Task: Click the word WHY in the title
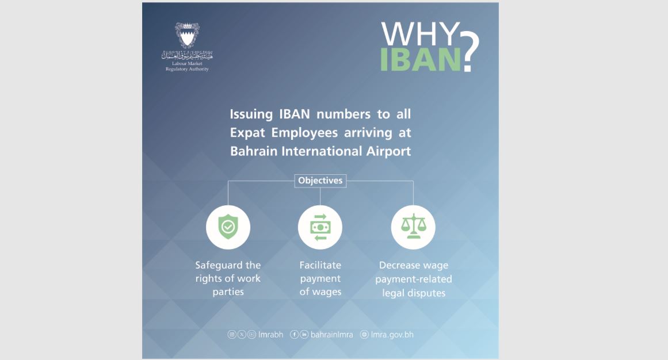419,34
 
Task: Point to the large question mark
470,52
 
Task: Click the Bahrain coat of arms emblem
187,35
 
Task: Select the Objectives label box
320,181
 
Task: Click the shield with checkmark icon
228,227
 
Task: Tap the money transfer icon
320,227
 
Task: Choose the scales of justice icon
413,226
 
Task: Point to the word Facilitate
320,265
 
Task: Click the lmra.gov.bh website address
392,335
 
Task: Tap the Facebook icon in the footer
294,335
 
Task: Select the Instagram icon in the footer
232,335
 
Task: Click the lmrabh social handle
270,335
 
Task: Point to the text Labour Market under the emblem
187,63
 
